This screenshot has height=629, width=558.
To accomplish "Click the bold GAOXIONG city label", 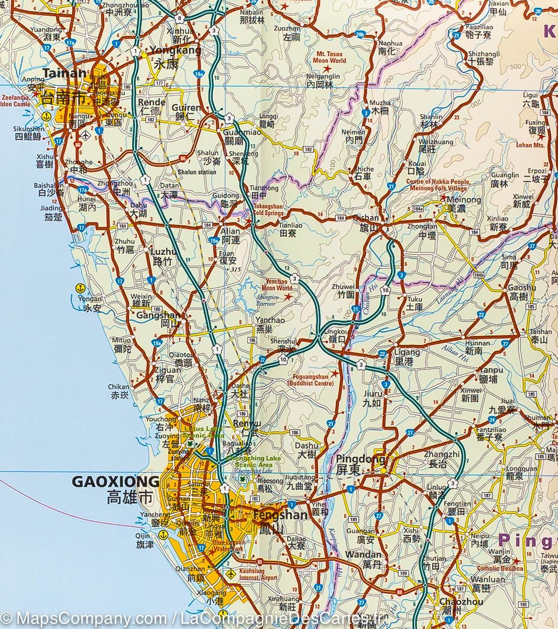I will point(115,481).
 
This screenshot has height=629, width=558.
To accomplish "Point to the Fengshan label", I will point(272,515).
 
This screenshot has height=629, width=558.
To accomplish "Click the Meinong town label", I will point(463,200).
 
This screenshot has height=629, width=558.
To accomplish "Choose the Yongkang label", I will point(168,51).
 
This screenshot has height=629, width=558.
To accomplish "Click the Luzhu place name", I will point(162,251).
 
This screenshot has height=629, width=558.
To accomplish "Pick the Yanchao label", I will point(270,321).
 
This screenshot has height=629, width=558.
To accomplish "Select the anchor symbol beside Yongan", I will point(80,288).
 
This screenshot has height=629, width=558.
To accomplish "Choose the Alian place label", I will point(231,231).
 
